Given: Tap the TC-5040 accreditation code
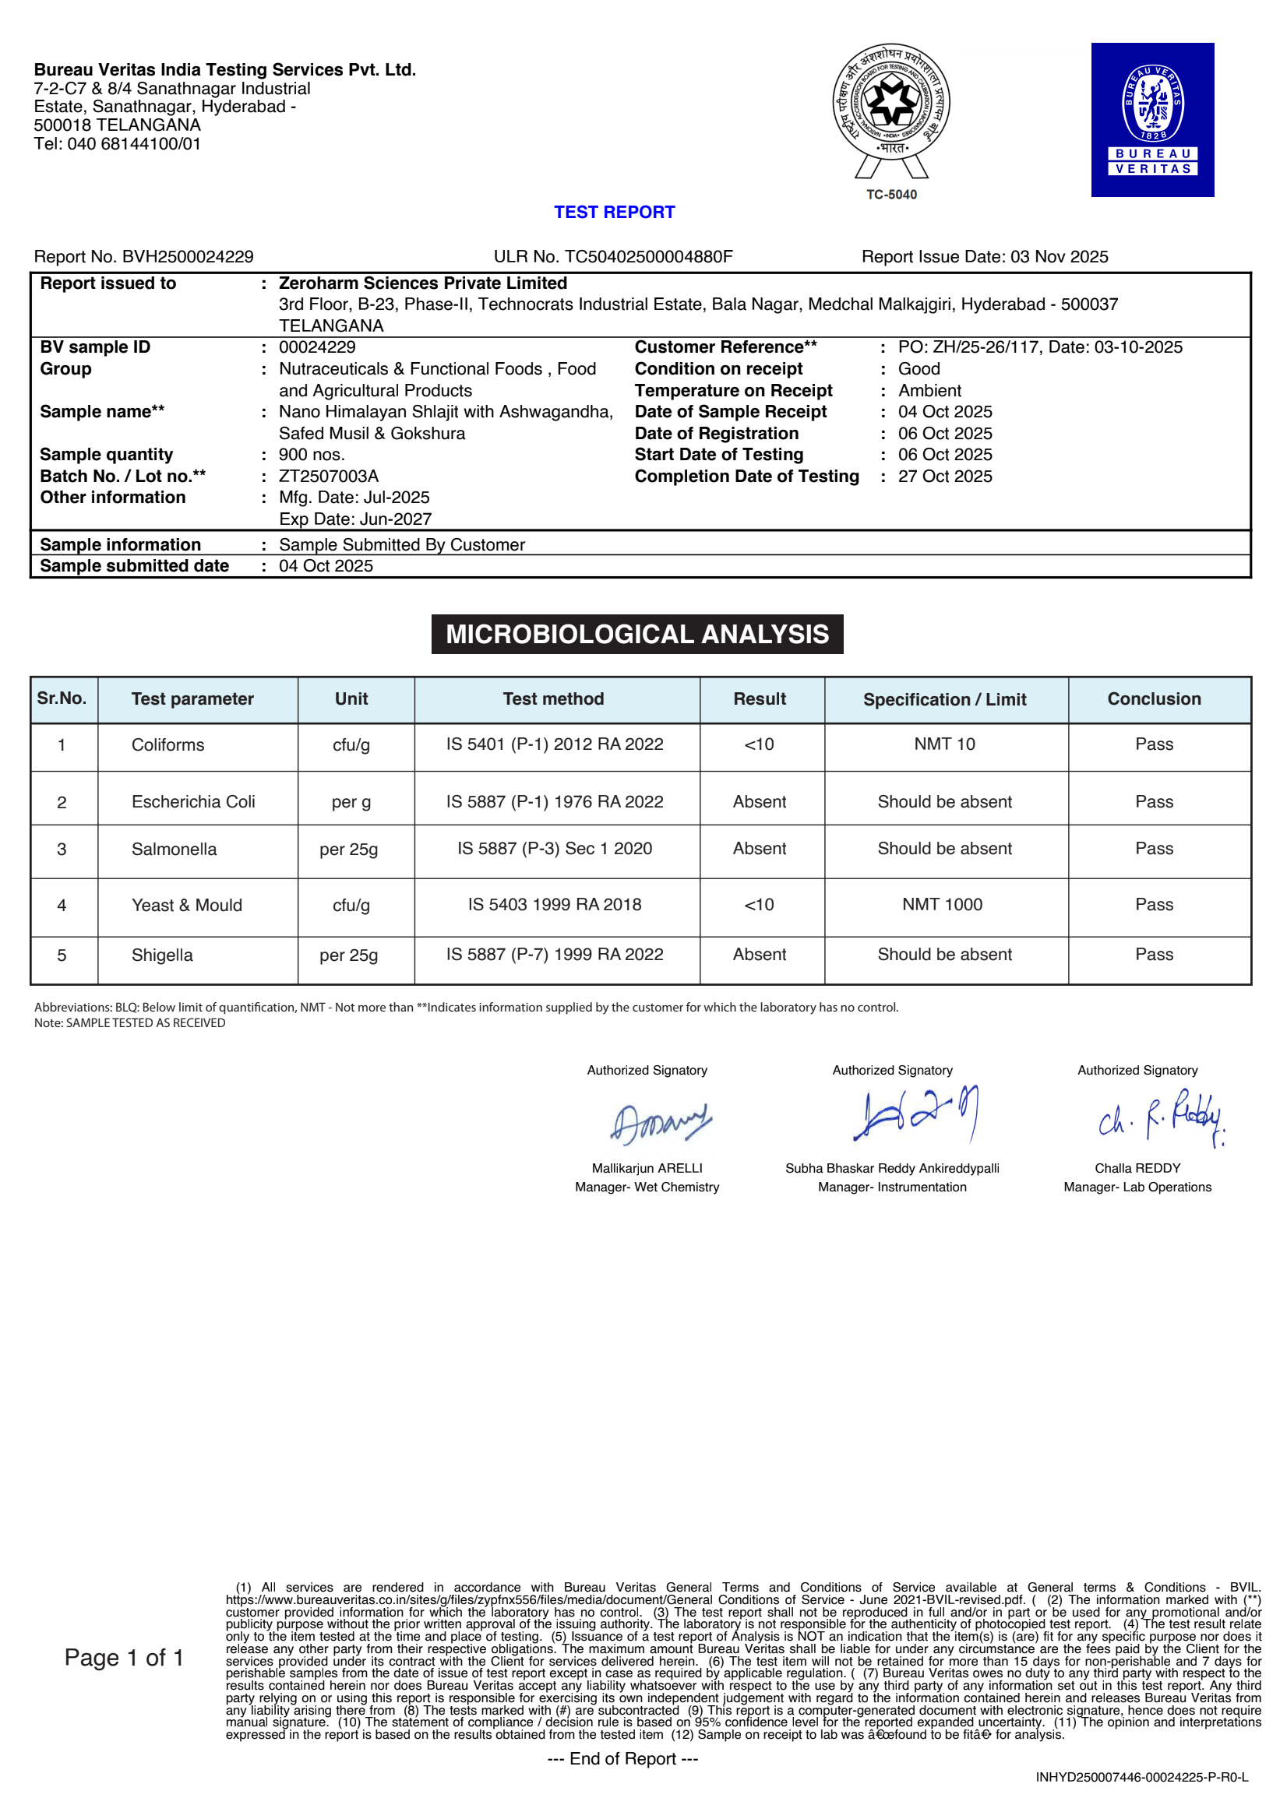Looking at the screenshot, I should [890, 195].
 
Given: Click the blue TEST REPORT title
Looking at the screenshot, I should [614, 213].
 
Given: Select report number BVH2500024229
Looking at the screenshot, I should [188, 257].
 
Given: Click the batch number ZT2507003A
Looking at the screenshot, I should [328, 476].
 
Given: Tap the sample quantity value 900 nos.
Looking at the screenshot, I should [312, 455].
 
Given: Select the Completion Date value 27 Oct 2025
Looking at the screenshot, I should [945, 476].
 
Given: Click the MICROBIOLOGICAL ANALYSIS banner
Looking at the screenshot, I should [637, 634].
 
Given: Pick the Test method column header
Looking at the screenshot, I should [553, 698].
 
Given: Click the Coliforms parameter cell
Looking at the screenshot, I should [168, 744].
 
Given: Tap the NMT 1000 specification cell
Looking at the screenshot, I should [943, 905].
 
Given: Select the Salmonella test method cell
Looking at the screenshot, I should [555, 849].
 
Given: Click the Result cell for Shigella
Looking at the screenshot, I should [760, 955].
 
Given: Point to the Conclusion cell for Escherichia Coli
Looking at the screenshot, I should [1154, 802].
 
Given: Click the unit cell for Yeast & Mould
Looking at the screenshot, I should [351, 905].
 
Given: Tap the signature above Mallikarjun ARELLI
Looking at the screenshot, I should [660, 1123].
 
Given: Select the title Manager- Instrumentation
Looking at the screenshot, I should [891, 1187].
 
